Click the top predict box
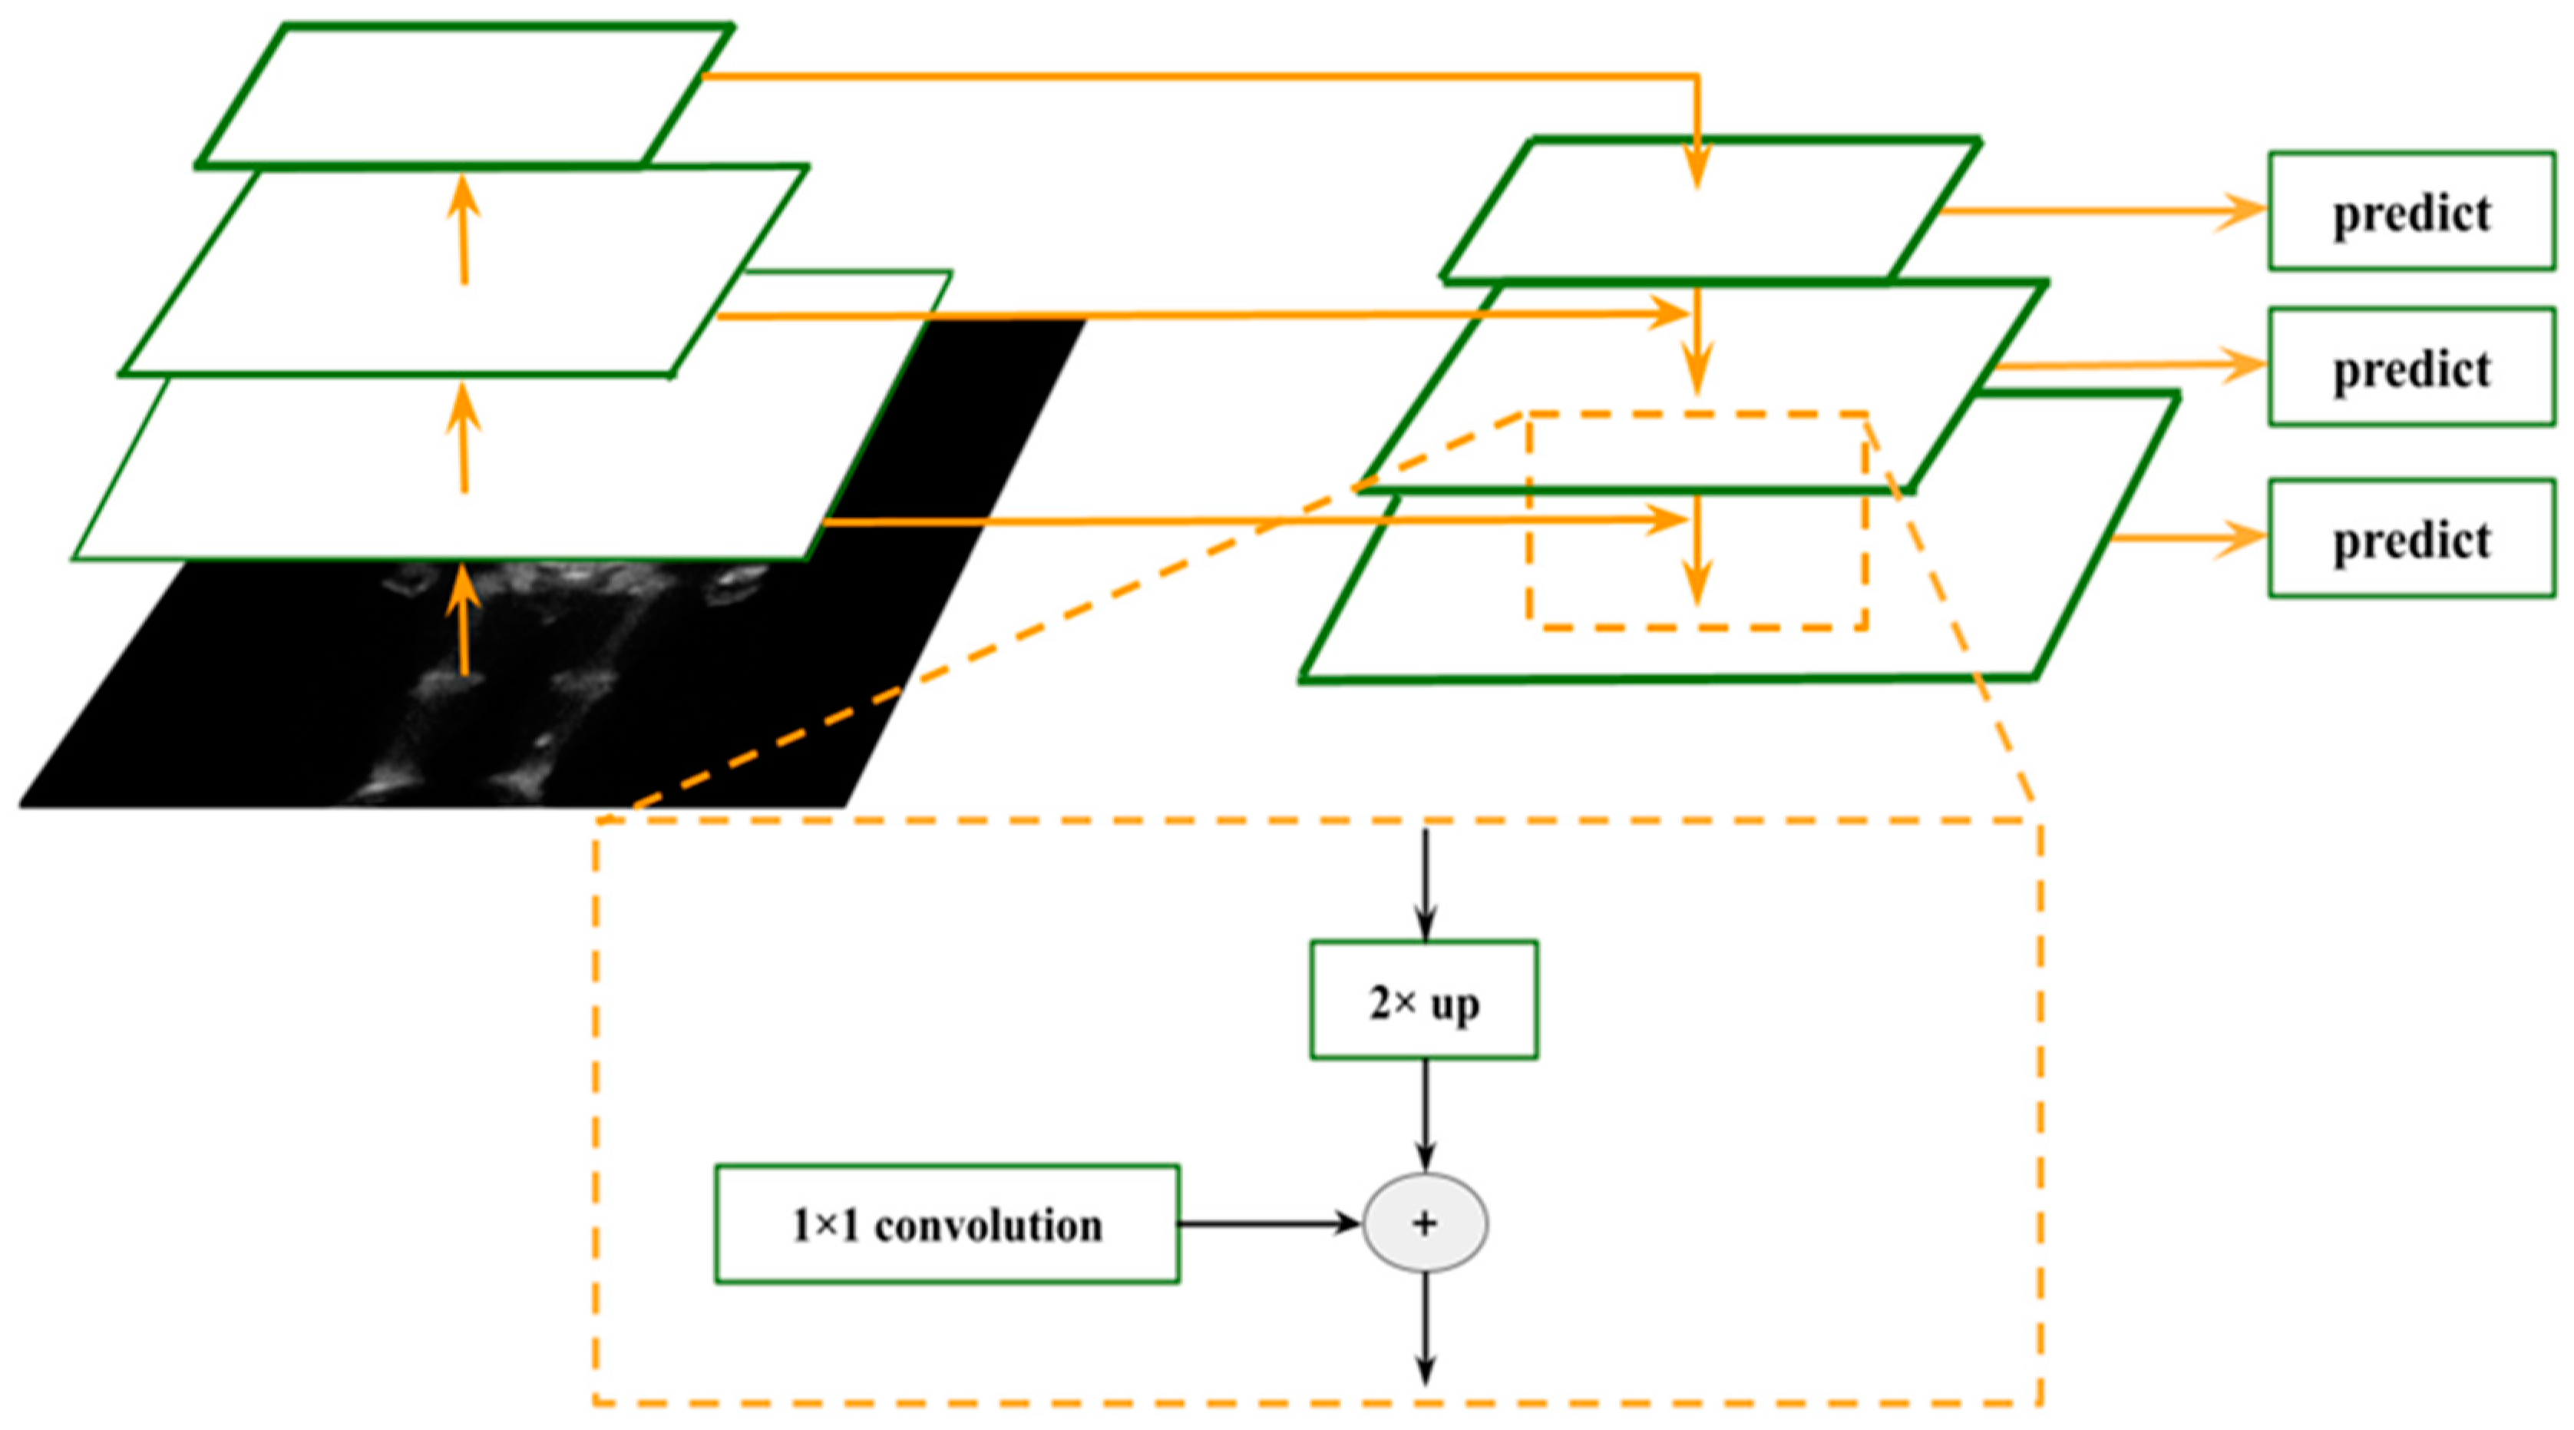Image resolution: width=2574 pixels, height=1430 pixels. (x=2411, y=211)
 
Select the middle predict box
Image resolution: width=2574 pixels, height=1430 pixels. (x=2411, y=368)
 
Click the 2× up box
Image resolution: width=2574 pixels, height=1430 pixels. (x=1424, y=1000)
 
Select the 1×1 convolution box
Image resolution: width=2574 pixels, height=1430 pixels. (x=947, y=1224)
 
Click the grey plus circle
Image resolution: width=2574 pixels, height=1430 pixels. (x=1426, y=1224)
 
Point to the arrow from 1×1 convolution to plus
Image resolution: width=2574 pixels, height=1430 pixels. (x=1269, y=1224)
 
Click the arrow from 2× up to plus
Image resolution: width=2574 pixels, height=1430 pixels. (x=1426, y=1114)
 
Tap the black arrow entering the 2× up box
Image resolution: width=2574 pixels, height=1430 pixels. (x=1426, y=885)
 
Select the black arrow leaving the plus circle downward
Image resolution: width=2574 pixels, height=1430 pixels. (x=1426, y=1329)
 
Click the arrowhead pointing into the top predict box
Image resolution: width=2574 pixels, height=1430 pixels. (x=2243, y=211)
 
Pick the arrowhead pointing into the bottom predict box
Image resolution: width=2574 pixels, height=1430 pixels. (x=2243, y=540)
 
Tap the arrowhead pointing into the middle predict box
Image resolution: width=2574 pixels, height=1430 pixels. (x=2243, y=366)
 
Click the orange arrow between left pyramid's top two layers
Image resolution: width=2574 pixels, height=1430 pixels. (x=463, y=230)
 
